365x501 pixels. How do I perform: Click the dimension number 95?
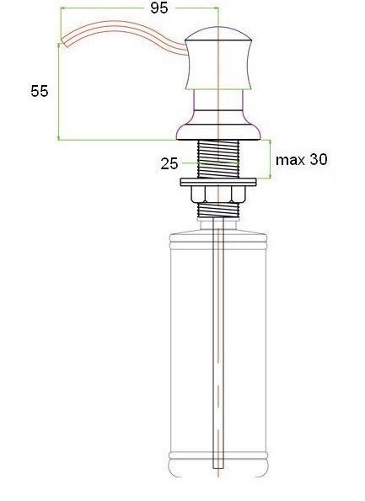click(159, 8)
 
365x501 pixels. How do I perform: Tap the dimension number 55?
click(40, 91)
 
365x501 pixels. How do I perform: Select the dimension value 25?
click(169, 163)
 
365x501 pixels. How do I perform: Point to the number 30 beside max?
click(319, 159)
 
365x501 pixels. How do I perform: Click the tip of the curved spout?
click(63, 43)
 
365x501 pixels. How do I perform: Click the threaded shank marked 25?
click(218, 159)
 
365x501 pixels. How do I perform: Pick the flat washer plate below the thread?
click(218, 182)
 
